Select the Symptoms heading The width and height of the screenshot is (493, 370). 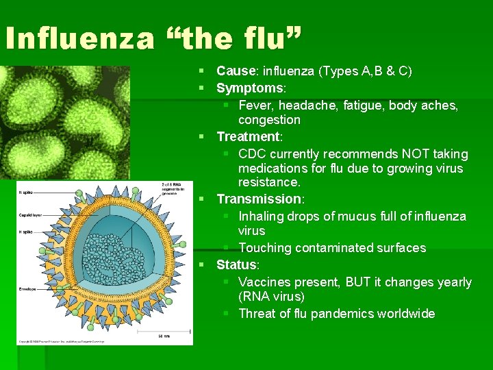250,88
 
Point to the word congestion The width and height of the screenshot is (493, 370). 269,120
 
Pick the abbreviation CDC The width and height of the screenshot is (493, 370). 252,154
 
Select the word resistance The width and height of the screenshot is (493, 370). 268,183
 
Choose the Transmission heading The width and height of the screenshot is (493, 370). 259,199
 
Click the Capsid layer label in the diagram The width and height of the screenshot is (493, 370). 31,214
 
